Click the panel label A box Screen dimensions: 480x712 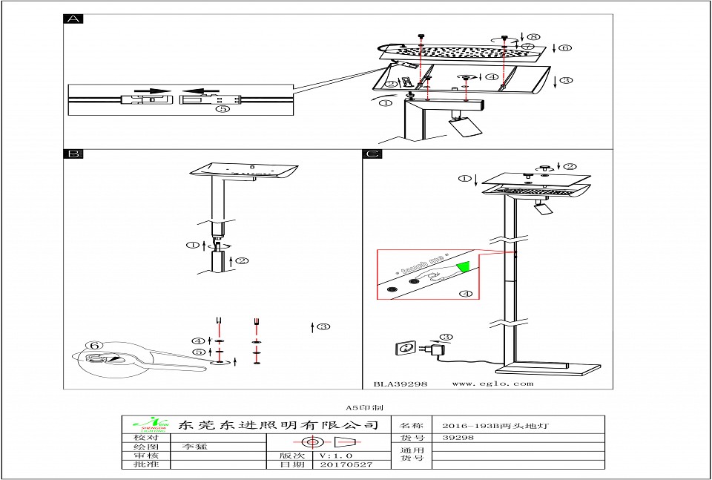pos(73,19)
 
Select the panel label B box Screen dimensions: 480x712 pos(73,154)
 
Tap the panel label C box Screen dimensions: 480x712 pos(372,154)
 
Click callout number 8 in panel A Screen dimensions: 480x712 pos(535,36)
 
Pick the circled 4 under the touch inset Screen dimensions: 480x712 pos(466,294)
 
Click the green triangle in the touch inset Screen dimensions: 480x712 pos(464,266)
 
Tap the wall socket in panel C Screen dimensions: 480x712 pos(406,347)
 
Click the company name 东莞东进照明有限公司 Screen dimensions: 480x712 pos(278,425)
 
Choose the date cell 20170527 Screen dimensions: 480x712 pos(345,464)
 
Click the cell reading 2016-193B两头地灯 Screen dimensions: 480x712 pos(494,426)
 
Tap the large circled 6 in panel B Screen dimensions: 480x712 pos(93,346)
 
